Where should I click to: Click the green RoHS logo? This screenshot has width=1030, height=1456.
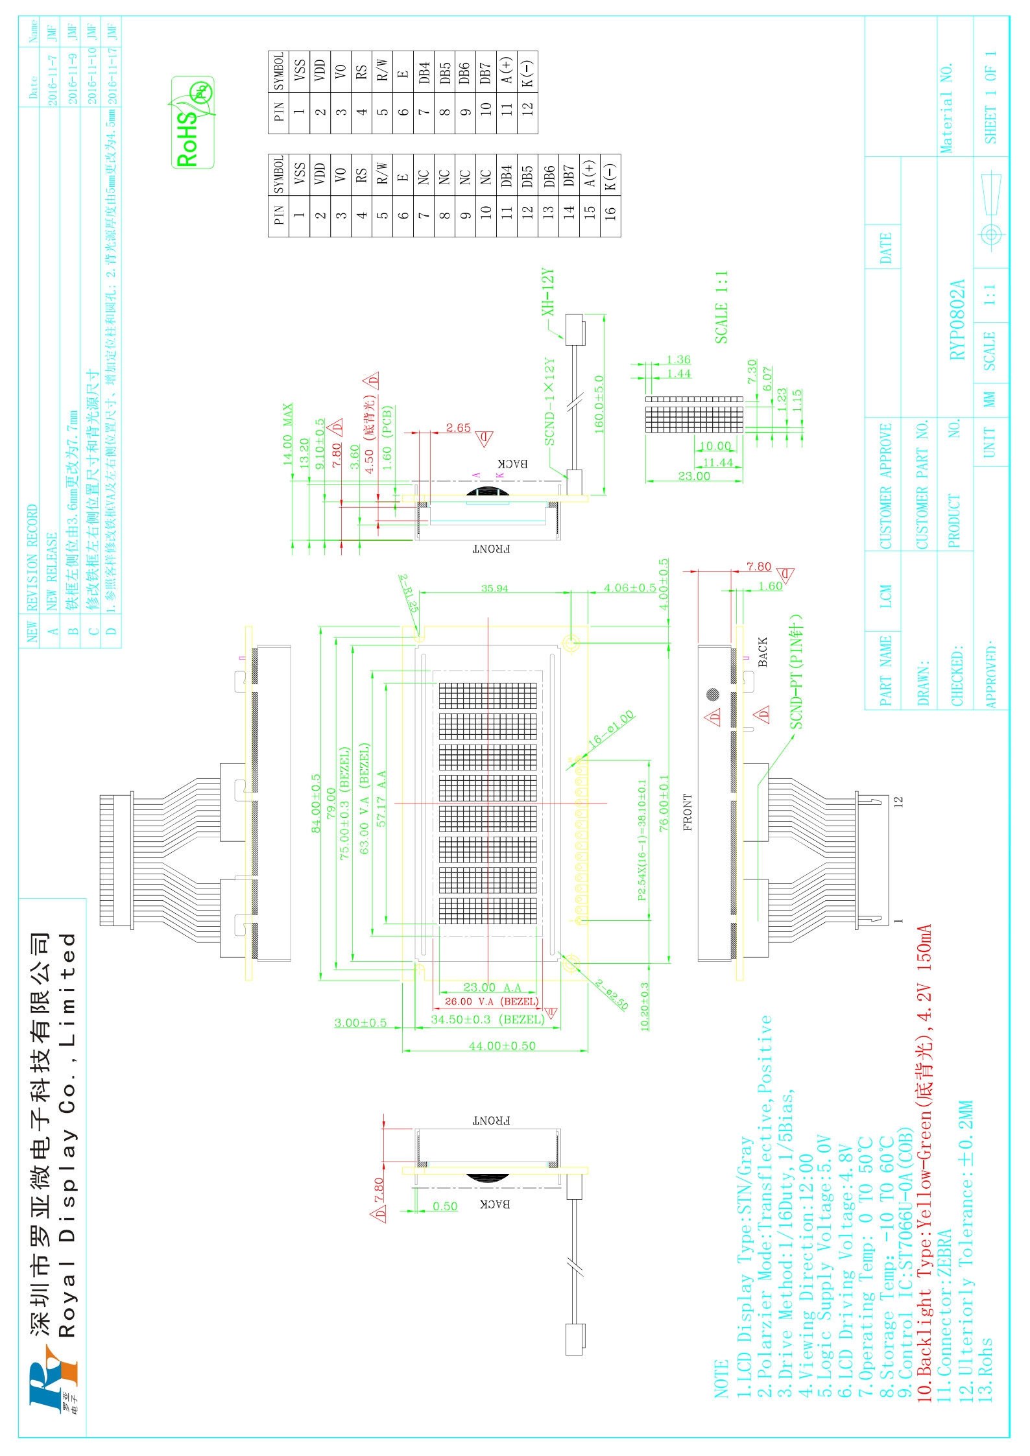[192, 123]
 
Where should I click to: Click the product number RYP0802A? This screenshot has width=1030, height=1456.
[957, 319]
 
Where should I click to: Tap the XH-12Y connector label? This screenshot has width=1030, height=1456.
[549, 292]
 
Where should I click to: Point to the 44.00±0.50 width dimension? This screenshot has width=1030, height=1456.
[502, 1045]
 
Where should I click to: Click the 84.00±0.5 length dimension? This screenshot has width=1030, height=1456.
[316, 803]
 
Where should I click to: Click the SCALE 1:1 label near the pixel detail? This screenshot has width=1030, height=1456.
[721, 307]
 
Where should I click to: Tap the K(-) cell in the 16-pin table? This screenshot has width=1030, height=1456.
[610, 176]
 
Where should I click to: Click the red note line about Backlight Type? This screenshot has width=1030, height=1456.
[924, 1162]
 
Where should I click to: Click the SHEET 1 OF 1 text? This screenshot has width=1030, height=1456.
[990, 97]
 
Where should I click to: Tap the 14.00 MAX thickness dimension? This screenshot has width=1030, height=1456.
[287, 433]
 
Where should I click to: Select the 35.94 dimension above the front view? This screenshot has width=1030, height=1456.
[494, 588]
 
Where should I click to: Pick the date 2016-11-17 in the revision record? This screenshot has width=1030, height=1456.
[112, 73]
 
